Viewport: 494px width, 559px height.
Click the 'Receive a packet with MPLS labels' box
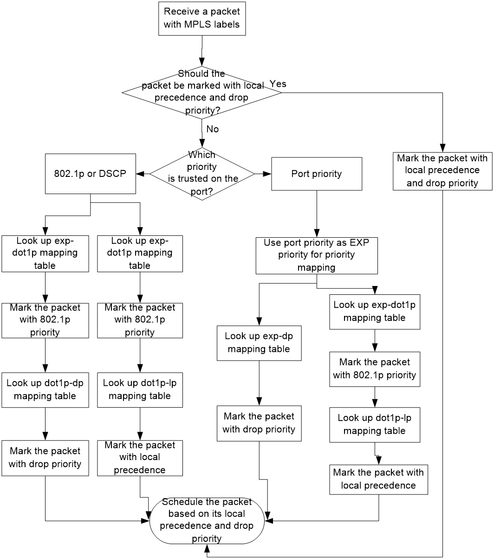coord(202,19)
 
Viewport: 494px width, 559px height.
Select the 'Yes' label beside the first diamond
coord(278,84)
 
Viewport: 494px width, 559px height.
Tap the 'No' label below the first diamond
coord(213,129)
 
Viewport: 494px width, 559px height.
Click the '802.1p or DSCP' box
coord(90,174)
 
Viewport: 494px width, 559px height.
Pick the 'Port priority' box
coord(317,174)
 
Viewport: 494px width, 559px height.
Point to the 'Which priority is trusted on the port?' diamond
coord(202,174)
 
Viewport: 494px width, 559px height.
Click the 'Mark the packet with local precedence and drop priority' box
coord(442,171)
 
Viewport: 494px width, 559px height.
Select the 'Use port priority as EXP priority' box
coord(317,255)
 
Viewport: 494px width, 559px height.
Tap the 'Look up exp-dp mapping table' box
coord(259,343)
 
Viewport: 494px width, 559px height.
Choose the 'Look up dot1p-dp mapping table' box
coord(45,390)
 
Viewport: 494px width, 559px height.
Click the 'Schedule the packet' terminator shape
coord(207,520)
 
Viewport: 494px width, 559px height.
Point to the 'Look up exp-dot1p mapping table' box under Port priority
coord(375,312)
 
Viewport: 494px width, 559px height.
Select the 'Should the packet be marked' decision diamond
coord(202,92)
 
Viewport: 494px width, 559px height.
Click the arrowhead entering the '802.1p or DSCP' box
coord(140,174)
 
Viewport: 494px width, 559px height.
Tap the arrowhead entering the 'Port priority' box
coord(267,174)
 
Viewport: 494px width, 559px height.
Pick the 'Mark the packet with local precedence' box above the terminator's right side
coord(378,480)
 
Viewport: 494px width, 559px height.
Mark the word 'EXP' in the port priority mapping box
coord(359,242)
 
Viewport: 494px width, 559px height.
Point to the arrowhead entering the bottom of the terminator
coord(207,548)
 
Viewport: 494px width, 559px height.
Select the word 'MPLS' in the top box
coord(198,24)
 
